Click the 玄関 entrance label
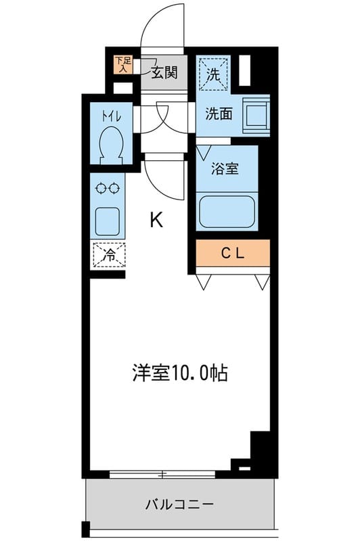click(164, 71)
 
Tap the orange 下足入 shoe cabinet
click(122, 64)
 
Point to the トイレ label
click(111, 116)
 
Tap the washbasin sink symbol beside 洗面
click(256, 113)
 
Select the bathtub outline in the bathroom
click(227, 210)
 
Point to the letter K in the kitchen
click(156, 220)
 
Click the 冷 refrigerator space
click(109, 255)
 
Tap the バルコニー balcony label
click(180, 504)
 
